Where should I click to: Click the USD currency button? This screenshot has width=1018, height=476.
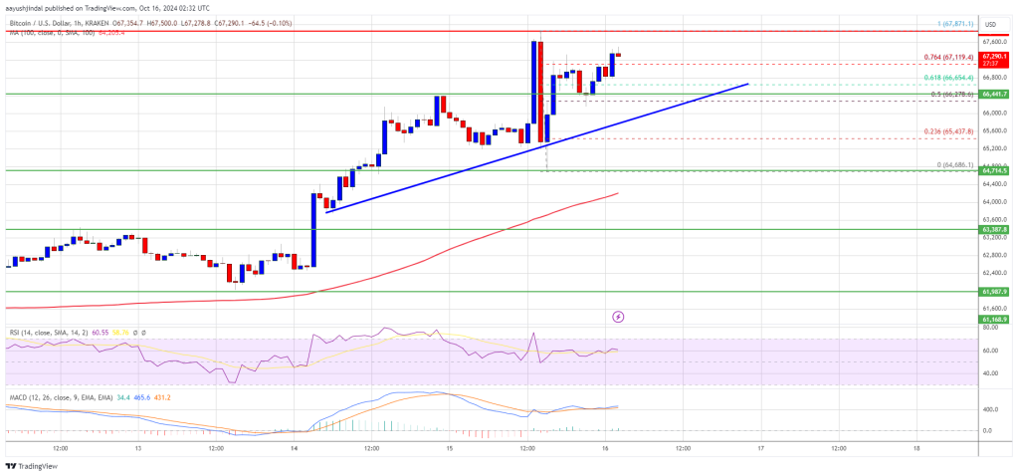click(990, 24)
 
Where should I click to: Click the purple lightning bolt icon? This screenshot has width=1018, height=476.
click(618, 317)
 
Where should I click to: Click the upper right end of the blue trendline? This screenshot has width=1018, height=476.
click(747, 84)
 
